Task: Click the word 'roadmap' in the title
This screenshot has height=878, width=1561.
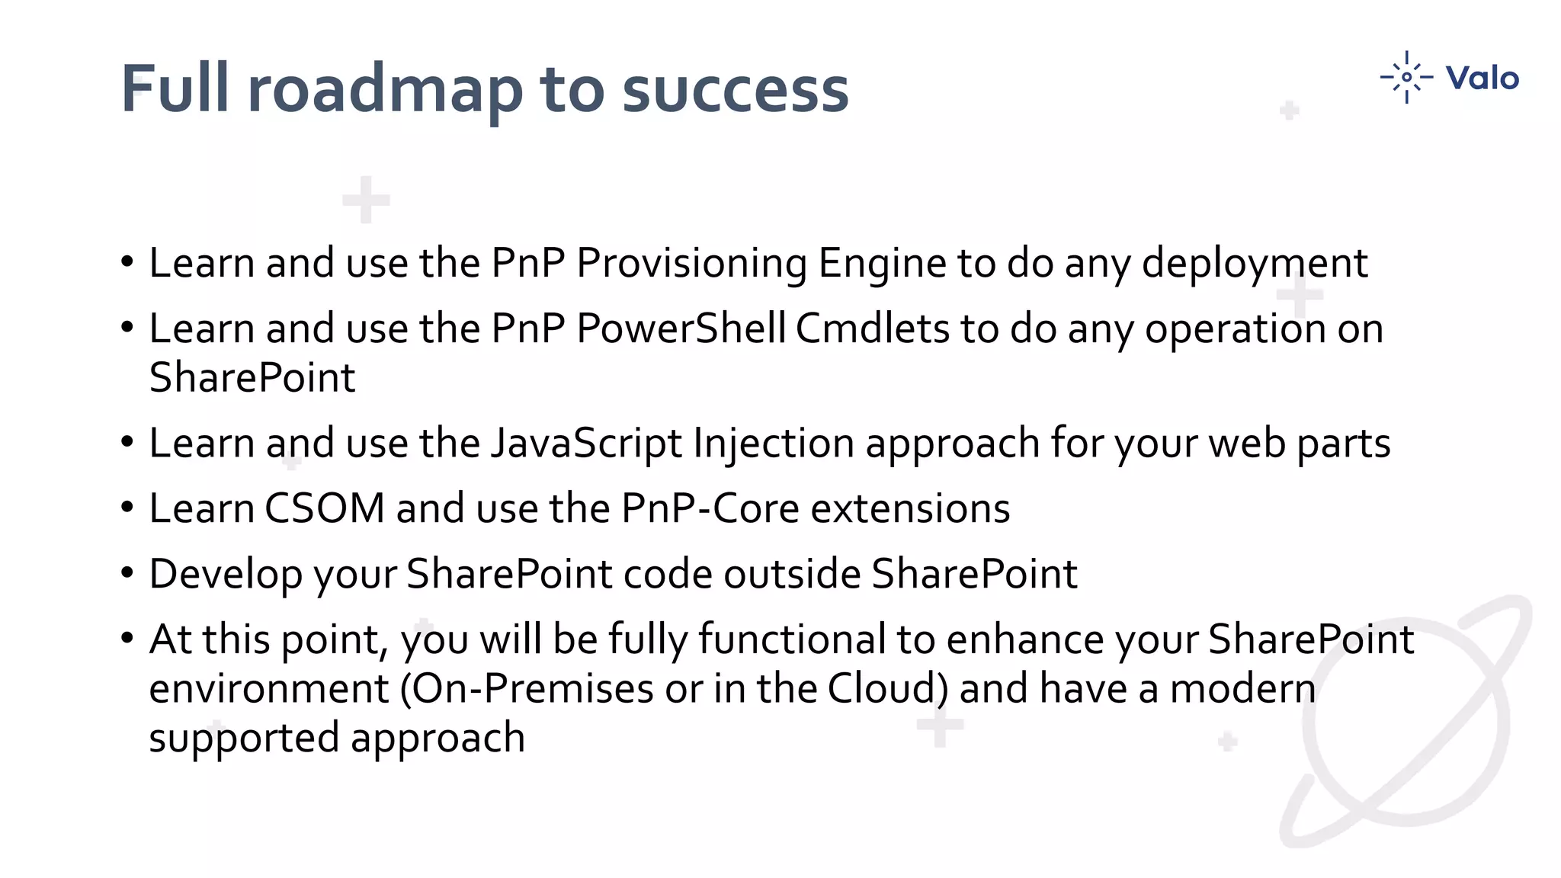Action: coord(386,90)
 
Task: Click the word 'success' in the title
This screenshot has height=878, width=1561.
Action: coord(735,90)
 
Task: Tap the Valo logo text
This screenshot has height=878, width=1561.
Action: coord(1482,78)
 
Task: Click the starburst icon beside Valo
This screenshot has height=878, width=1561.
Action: coord(1406,77)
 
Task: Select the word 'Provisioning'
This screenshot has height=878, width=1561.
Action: coord(691,264)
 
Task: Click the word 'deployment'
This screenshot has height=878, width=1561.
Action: coord(1255,264)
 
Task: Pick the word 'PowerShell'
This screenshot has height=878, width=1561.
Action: coord(681,329)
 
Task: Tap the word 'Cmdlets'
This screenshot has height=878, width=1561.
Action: coord(873,329)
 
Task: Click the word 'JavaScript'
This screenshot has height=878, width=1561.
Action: coord(586,444)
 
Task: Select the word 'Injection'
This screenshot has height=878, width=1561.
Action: coord(774,444)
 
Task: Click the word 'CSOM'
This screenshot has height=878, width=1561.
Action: coord(325,508)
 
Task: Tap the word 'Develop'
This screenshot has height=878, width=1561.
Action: coord(226,575)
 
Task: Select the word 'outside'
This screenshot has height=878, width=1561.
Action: coord(792,574)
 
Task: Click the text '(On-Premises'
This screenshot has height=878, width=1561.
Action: coord(527,689)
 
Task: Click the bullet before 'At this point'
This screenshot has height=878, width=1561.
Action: coord(127,637)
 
